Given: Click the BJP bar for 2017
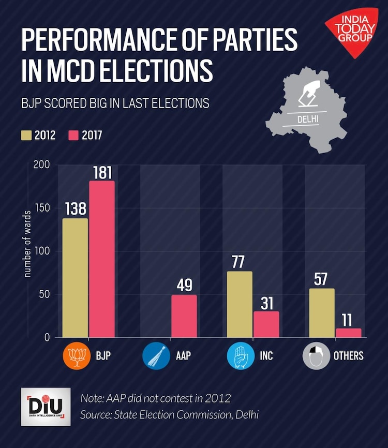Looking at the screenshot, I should (102, 259).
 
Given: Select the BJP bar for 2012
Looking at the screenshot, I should (75, 278).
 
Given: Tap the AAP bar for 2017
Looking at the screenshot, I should (184, 316).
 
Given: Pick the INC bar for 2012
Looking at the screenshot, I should (240, 304).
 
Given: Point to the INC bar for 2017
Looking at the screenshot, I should (266, 324).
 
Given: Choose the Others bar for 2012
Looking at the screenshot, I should (322, 313).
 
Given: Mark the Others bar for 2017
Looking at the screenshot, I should (349, 333).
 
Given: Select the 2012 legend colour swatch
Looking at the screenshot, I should (26, 136).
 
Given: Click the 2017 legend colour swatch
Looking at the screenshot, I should (73, 136).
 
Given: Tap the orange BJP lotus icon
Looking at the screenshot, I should (76, 356).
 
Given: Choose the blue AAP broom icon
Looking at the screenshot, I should (156, 356).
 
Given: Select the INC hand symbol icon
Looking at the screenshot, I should (240, 356).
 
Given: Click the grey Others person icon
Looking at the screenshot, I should (316, 356).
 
